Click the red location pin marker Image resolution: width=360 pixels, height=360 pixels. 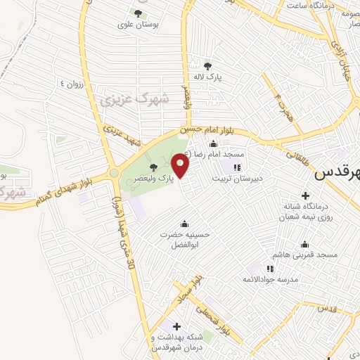pos(181,167)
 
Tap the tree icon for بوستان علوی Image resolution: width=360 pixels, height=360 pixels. pos(138,13)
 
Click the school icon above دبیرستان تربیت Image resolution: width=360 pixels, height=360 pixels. pos(237,167)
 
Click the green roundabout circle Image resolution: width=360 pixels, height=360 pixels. pos(114,172)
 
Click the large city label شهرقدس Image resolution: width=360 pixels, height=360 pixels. pos(337,172)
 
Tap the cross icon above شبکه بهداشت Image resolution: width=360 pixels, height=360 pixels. pos(176,326)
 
